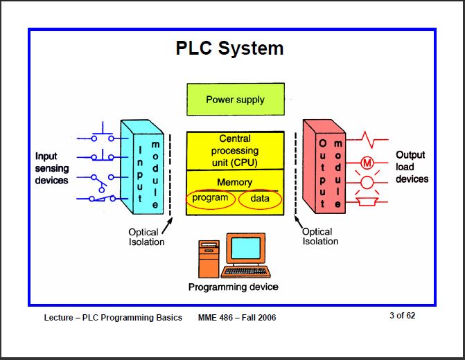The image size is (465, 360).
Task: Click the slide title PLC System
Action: (229, 48)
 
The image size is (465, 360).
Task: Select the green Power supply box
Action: (235, 100)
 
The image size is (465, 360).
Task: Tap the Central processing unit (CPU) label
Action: (235, 150)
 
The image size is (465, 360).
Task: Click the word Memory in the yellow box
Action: (235, 183)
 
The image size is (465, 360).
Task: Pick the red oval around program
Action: (210, 199)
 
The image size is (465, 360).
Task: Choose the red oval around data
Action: (261, 199)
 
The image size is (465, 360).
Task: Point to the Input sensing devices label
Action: (52, 168)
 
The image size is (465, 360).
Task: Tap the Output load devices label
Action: (412, 167)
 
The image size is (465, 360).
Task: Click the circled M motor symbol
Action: (367, 164)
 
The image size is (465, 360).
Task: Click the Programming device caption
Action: (234, 287)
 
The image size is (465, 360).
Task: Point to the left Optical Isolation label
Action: (146, 237)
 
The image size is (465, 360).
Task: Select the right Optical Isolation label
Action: (320, 237)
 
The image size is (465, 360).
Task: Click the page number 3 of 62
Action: (402, 316)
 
